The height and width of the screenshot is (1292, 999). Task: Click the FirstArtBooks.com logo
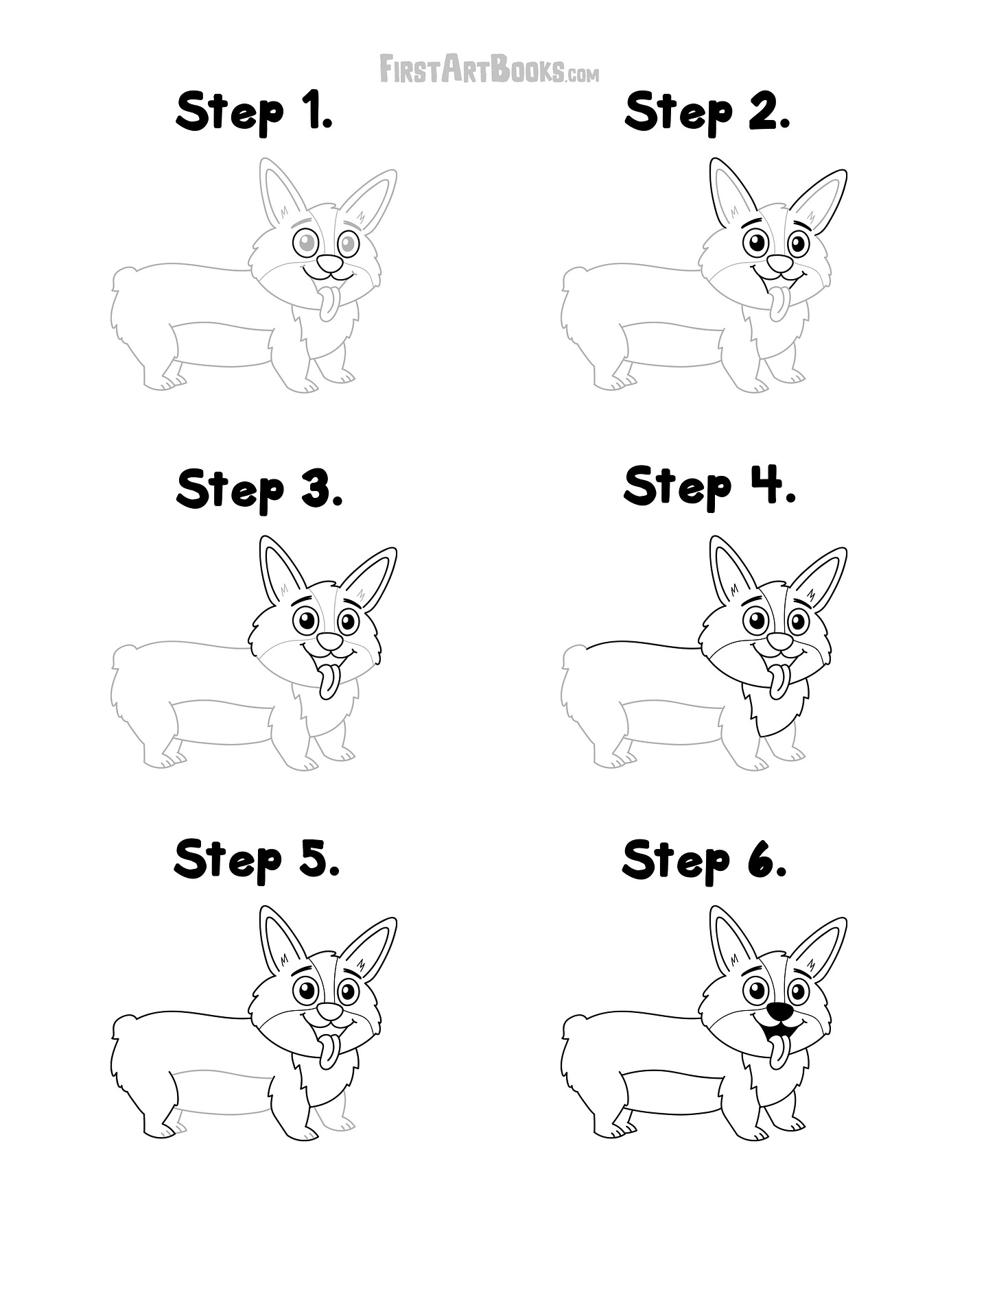click(x=489, y=70)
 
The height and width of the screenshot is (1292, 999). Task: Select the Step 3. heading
click(x=259, y=489)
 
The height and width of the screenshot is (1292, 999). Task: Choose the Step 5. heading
click(x=257, y=860)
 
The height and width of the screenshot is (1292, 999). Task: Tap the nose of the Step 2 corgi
click(x=779, y=263)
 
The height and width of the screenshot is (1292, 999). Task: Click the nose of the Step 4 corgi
click(x=779, y=642)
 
